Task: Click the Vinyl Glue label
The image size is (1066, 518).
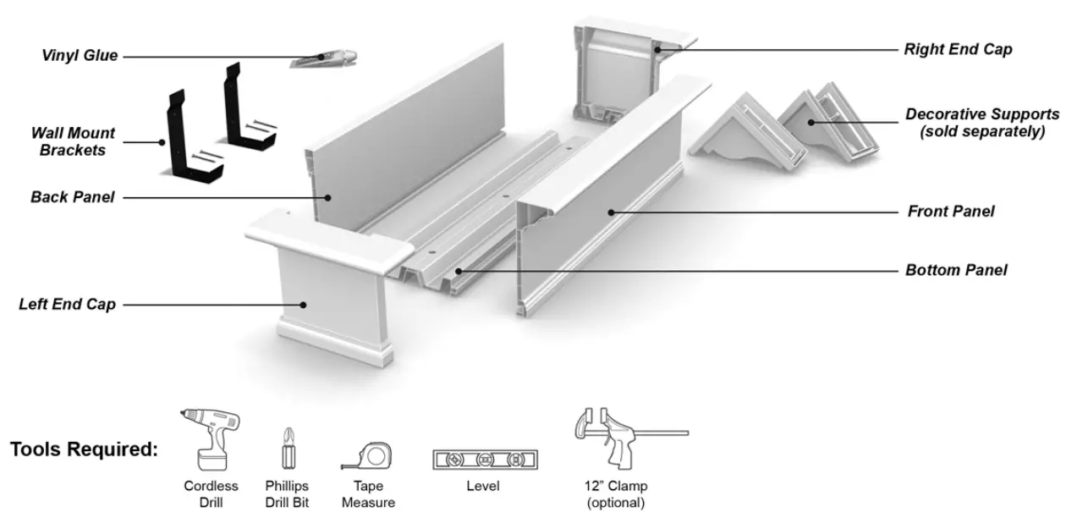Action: (80, 56)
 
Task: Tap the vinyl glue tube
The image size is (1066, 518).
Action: (324, 58)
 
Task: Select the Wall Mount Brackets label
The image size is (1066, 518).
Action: (73, 141)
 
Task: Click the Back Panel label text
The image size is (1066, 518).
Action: (72, 197)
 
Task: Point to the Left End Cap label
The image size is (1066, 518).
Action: (67, 304)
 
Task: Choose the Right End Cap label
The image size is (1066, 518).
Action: (958, 49)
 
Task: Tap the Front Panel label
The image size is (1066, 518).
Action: (951, 212)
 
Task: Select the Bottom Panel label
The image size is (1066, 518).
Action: (956, 271)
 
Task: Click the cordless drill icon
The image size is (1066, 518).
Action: (211, 438)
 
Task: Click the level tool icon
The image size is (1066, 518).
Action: (485, 460)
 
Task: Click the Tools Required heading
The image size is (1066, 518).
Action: (84, 449)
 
